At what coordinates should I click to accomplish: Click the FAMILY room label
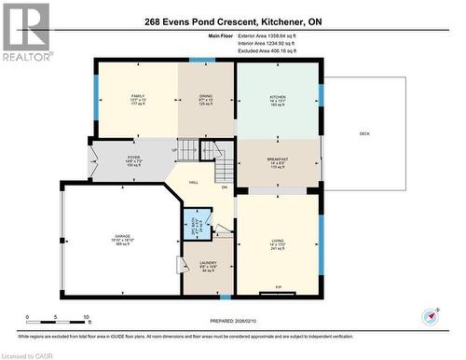click(x=138, y=96)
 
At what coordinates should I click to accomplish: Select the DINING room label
click(x=206, y=96)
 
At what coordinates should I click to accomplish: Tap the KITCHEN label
click(x=277, y=96)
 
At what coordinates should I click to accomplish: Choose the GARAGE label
click(x=122, y=236)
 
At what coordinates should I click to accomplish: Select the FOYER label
click(x=133, y=158)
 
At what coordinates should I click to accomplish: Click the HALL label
click(x=193, y=182)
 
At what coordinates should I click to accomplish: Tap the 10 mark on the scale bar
click(x=87, y=318)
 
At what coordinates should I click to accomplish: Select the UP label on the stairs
click(x=173, y=151)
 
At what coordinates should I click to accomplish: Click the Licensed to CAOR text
click(x=28, y=353)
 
